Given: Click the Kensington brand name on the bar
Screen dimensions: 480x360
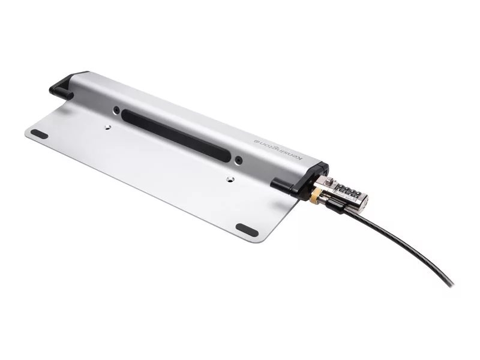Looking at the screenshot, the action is [279, 150].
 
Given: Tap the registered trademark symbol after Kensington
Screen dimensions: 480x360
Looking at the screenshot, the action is [257, 141].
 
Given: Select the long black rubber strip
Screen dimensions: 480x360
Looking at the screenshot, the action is [176, 136].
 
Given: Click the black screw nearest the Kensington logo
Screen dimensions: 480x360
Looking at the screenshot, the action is [239, 160].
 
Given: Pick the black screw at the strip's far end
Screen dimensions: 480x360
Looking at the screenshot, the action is [116, 110].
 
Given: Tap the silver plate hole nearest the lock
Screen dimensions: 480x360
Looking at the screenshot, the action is [230, 179].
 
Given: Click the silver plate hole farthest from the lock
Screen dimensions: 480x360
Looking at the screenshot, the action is [107, 127].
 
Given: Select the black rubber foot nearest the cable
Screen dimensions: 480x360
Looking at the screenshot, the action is [247, 230].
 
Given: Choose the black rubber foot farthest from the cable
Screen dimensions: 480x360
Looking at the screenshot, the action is [39, 134].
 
